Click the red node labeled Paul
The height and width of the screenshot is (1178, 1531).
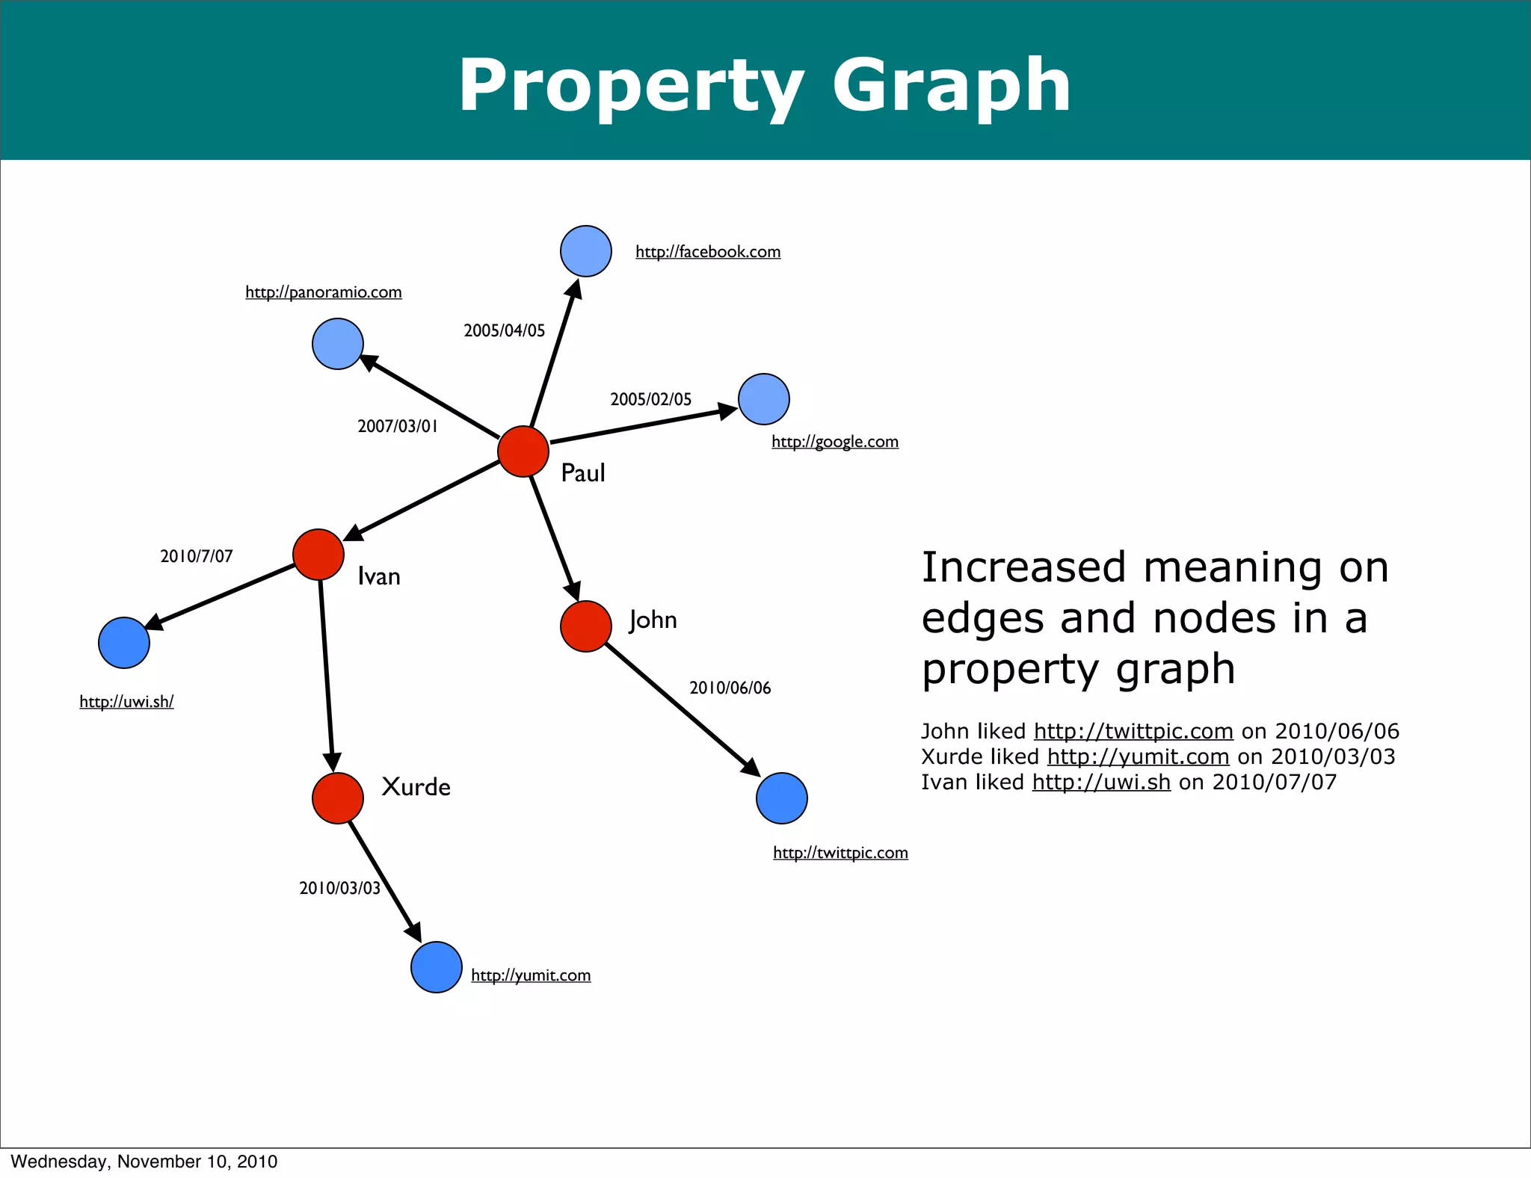pyautogui.click(x=523, y=451)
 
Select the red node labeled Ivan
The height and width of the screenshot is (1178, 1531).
pyautogui.click(x=318, y=555)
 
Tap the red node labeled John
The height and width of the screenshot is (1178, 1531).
pyautogui.click(x=586, y=626)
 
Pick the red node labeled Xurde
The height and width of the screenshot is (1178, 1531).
pyautogui.click(x=338, y=798)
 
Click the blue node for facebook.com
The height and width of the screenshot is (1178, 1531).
pyautogui.click(x=586, y=251)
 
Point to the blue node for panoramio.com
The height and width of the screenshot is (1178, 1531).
pyautogui.click(x=338, y=344)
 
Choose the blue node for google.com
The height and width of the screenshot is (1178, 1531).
pyautogui.click(x=764, y=399)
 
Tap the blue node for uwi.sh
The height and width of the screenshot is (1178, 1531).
pyautogui.click(x=124, y=643)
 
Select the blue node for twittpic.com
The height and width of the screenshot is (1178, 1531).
pyautogui.click(x=782, y=798)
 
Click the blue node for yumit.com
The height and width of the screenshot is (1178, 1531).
pyautogui.click(x=437, y=967)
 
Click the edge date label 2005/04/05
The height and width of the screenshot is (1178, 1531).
pyautogui.click(x=505, y=330)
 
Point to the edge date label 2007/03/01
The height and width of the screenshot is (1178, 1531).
pyautogui.click(x=398, y=426)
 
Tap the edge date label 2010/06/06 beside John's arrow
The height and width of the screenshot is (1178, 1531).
pyautogui.click(x=730, y=688)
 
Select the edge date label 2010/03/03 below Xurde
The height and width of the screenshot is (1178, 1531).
pyautogui.click(x=340, y=888)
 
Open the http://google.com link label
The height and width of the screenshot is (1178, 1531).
pyautogui.click(x=835, y=442)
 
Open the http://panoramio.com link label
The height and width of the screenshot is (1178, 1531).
pyautogui.click(x=324, y=292)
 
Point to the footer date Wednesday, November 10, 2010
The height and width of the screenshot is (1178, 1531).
pyautogui.click(x=144, y=1162)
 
